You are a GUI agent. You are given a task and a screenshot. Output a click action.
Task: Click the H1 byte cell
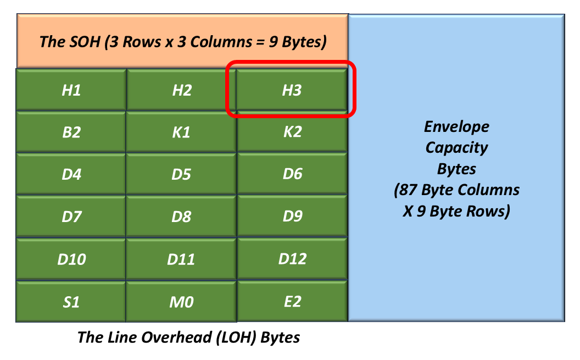[71, 90]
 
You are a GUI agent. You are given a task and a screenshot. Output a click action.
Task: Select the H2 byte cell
[181, 90]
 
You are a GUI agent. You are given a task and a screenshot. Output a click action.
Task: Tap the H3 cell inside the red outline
[292, 90]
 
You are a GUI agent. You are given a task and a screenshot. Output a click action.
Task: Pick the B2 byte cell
[71, 132]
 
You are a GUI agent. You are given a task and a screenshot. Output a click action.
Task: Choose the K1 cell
[181, 132]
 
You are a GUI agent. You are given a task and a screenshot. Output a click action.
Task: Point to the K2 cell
[292, 131]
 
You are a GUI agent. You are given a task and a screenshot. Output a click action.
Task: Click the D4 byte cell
[71, 174]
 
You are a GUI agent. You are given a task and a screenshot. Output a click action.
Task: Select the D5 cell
[181, 174]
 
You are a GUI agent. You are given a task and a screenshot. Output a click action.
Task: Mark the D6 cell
[292, 174]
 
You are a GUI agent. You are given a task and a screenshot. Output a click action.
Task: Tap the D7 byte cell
[71, 217]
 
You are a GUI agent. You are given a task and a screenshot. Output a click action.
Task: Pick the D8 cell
[181, 217]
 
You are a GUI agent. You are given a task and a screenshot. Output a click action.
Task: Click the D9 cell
[292, 215]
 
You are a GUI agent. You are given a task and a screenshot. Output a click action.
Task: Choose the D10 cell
[71, 259]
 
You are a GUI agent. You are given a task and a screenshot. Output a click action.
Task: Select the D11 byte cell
[181, 259]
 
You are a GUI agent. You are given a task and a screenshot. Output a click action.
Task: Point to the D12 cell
[292, 258]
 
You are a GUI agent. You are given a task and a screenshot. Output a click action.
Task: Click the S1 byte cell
[71, 302]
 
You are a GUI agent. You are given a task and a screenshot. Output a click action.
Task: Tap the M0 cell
[181, 302]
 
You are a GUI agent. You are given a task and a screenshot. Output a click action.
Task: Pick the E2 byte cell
[292, 301]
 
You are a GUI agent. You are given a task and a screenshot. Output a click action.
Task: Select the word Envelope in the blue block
[456, 126]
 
